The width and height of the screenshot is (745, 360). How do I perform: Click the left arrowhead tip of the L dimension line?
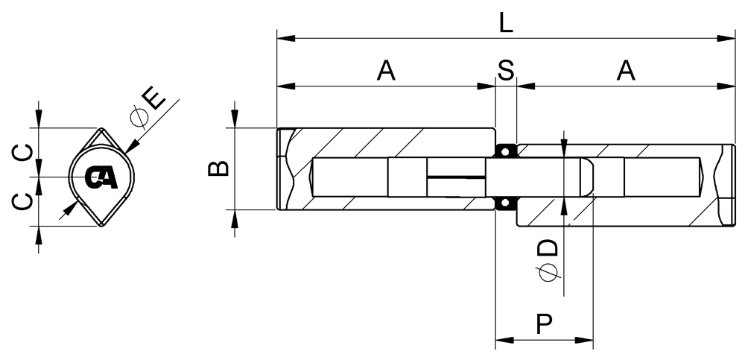point(277,38)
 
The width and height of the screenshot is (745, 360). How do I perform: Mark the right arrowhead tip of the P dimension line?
point(593,340)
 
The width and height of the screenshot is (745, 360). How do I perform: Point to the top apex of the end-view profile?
point(101,128)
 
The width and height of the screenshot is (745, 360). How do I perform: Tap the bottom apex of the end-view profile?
point(101,227)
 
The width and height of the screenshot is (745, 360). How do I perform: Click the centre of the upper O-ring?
point(506,151)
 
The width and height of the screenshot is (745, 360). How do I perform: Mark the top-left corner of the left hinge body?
point(277,128)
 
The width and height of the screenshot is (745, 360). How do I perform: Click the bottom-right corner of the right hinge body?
point(735,226)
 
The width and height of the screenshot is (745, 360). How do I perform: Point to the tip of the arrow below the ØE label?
point(125,154)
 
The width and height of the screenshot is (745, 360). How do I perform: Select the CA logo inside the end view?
point(101,178)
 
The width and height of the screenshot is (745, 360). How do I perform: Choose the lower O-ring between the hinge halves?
point(506,203)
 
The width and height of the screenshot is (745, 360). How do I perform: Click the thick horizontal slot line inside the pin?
point(456,177)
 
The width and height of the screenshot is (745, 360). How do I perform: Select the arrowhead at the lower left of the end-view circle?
point(72,208)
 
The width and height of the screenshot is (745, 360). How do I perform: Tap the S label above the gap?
point(506,70)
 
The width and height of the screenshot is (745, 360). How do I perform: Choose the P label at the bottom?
point(544,324)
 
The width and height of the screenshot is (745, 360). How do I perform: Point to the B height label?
point(218,168)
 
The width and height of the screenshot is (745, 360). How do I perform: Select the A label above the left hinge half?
point(386,70)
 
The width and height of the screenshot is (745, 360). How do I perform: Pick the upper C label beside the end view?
point(22,153)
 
